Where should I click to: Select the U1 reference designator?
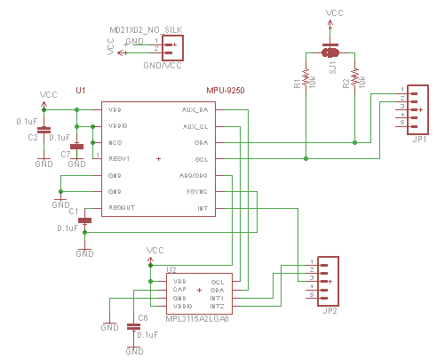click(81, 91)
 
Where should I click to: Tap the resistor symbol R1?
click(306, 78)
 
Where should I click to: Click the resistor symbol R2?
click(355, 78)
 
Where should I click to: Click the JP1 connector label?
click(419, 140)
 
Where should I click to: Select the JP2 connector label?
click(330, 310)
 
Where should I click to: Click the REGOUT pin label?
click(122, 208)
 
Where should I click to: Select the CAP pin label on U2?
click(179, 290)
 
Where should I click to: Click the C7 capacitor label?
click(65, 155)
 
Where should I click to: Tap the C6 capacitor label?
click(141, 317)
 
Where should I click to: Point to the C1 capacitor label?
click(74, 212)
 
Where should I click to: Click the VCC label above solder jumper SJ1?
click(334, 14)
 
